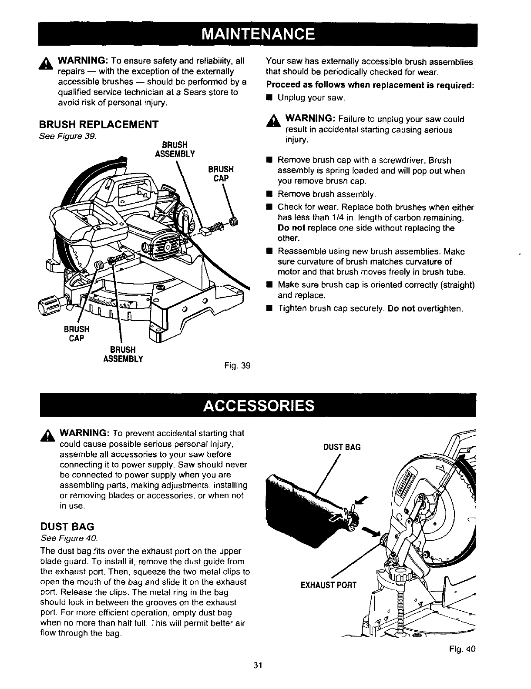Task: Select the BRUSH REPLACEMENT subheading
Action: pyautogui.click(x=98, y=124)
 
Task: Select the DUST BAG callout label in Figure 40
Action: pyautogui.click(x=342, y=447)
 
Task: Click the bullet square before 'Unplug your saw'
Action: pyautogui.click(x=269, y=98)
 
